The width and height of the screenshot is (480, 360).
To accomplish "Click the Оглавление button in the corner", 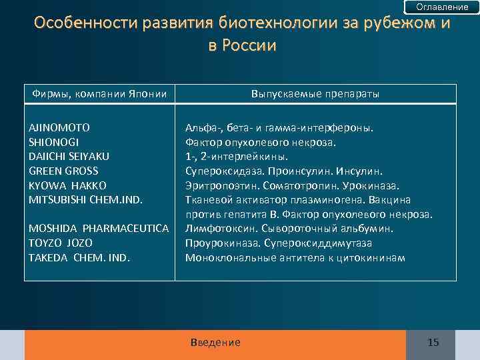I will [x=442, y=7].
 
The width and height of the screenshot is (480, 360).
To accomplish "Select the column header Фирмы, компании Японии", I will [x=100, y=94].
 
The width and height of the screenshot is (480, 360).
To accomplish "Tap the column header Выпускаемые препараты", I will [x=315, y=94].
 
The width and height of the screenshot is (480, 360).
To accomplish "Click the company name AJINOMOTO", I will [x=59, y=127].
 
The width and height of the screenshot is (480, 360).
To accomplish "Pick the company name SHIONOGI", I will [x=54, y=141].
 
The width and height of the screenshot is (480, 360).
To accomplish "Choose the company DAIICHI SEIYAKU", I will [x=69, y=156].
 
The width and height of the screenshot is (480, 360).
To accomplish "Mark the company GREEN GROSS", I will [x=63, y=171].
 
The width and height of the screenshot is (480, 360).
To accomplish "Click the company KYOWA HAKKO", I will [x=67, y=185].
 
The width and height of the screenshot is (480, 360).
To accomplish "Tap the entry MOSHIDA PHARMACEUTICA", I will [x=98, y=229].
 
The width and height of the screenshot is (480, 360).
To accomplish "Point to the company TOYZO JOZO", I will [x=60, y=243].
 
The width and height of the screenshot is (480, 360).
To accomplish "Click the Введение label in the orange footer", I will [x=215, y=342].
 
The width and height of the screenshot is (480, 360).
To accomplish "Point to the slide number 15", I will [x=433, y=343].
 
